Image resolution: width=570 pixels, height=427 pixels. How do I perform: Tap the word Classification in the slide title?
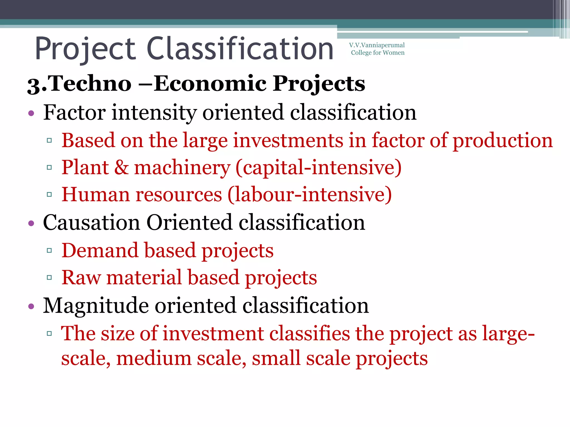[240, 49]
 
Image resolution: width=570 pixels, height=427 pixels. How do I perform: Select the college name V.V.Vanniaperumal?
[377, 45]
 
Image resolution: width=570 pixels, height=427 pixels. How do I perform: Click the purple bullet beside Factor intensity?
[31, 113]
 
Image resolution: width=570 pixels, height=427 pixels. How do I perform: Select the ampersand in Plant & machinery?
[121, 167]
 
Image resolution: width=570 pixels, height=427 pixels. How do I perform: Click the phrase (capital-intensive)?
[318, 167]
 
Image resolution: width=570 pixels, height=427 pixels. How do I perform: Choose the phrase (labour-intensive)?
[309, 194]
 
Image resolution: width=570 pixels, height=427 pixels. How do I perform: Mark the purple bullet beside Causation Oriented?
[31, 223]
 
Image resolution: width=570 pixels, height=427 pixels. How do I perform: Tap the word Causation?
[91, 222]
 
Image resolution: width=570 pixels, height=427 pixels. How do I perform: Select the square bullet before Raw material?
[50, 277]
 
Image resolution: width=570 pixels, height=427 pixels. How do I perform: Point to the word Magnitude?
[96, 306]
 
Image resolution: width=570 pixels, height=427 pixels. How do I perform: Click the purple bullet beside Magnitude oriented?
[31, 306]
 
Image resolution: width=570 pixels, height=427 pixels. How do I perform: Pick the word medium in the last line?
[154, 358]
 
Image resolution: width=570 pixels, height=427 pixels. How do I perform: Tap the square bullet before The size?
[50, 333]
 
